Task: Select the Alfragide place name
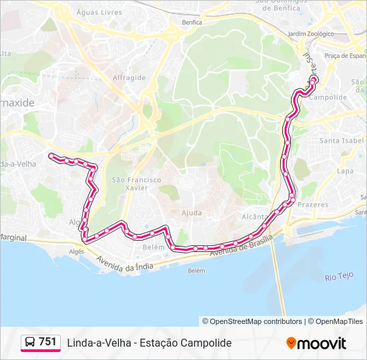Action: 129,77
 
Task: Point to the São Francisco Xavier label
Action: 136,184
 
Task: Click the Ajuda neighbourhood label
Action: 192,213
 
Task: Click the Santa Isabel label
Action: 342,141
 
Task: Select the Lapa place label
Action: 345,171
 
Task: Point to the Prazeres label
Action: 313,205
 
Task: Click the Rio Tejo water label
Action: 338,277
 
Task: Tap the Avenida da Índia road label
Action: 125,263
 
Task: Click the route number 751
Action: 47,342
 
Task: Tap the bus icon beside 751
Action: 30,343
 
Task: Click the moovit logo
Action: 316,343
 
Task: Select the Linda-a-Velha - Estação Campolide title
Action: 149,343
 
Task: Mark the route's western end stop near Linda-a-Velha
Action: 51,155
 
